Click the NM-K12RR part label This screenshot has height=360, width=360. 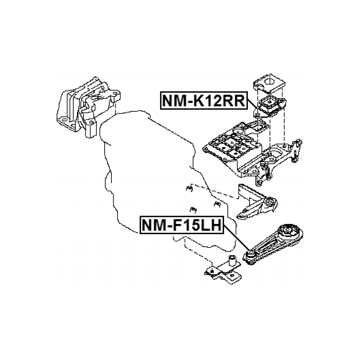point(203,100)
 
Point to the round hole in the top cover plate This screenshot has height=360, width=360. point(270,81)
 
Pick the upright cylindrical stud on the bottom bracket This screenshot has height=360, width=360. point(232,260)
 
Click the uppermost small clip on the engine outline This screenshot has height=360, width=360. point(188,188)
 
